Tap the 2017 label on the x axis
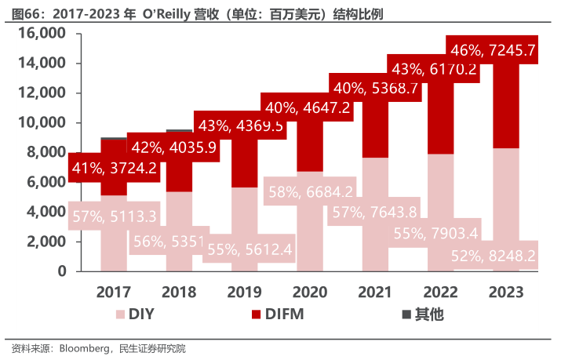114,293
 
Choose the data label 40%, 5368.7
376,88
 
